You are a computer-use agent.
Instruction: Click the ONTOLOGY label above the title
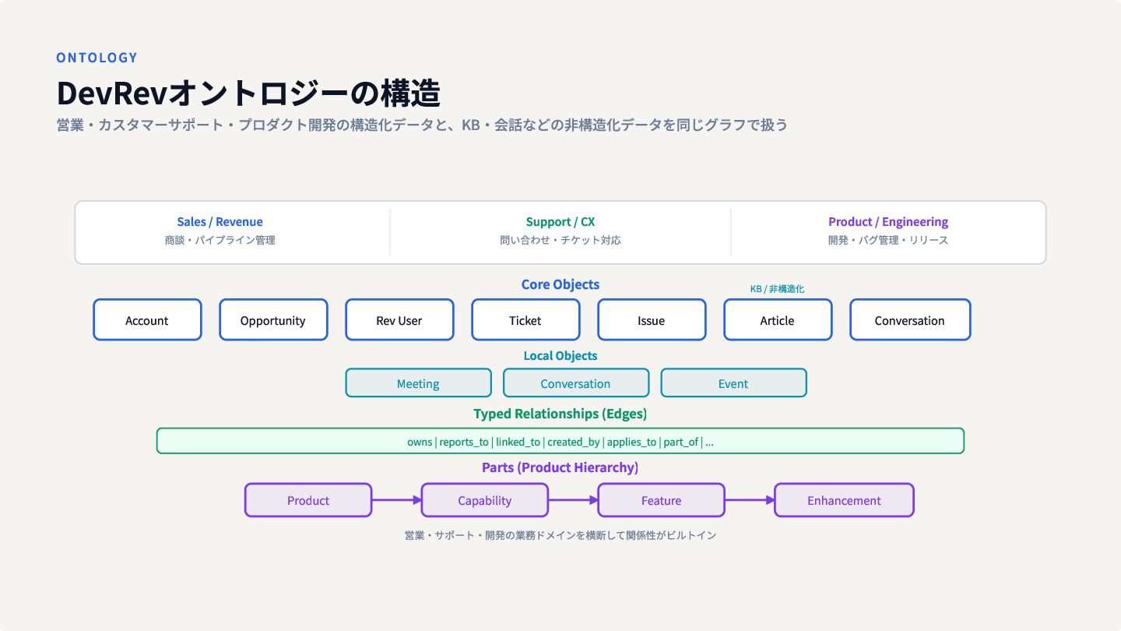pos(97,58)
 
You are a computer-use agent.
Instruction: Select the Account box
pos(147,320)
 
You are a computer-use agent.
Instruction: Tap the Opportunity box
pos(273,320)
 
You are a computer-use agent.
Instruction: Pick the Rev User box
pos(399,320)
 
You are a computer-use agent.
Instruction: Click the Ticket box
pos(525,320)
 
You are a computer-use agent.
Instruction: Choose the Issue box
pos(652,320)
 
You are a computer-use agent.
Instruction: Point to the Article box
pos(778,320)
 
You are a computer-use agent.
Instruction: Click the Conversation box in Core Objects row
pos(910,320)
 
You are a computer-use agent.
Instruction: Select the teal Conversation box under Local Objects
pos(576,383)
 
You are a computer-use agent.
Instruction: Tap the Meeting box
pos(418,383)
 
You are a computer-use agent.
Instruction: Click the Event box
pos(733,383)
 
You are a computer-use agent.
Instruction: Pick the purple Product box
pos(308,500)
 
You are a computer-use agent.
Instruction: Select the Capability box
pos(484,500)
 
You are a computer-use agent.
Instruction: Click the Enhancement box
pos(844,500)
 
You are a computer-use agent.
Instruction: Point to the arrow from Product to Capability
pos(396,500)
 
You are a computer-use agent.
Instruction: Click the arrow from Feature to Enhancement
pos(750,500)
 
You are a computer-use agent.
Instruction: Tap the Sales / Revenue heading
pos(220,222)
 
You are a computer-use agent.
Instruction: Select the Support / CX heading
pos(560,222)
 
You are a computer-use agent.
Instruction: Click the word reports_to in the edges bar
pos(464,442)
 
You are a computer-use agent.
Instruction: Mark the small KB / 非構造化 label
pos(777,289)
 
